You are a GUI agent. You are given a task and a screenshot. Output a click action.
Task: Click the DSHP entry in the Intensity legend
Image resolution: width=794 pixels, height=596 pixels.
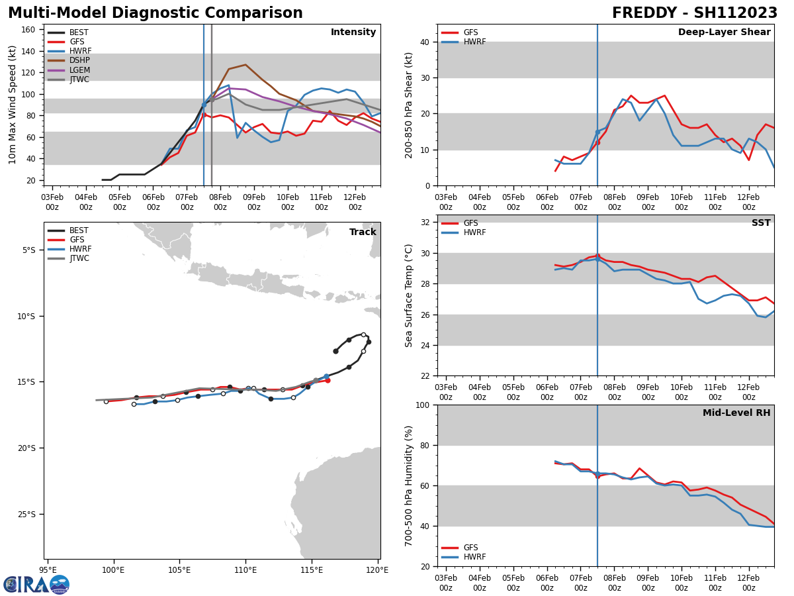pyautogui.click(x=79, y=61)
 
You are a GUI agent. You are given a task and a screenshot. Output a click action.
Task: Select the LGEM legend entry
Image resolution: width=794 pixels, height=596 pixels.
pyautogui.click(x=79, y=70)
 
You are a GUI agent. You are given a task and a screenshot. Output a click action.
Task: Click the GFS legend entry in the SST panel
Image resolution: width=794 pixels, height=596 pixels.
pyautogui.click(x=470, y=223)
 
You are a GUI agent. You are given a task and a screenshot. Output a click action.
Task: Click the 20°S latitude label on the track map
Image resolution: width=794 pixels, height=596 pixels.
pyautogui.click(x=27, y=448)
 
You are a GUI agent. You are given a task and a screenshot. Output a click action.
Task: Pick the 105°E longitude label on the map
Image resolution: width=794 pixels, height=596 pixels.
pyautogui.click(x=179, y=569)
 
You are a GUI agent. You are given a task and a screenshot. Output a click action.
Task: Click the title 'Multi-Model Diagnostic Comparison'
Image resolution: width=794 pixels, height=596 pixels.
pyautogui.click(x=155, y=13)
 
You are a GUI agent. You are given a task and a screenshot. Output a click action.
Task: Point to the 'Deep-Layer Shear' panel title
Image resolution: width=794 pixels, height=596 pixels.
pyautogui.click(x=724, y=32)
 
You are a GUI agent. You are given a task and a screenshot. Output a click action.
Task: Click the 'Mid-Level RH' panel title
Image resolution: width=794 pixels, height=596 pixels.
pyautogui.click(x=736, y=413)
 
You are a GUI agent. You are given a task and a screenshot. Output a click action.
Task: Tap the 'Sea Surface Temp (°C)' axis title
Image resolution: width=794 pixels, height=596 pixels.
pyautogui.click(x=410, y=295)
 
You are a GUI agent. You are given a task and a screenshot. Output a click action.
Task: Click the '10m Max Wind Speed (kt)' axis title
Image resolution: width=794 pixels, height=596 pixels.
pyautogui.click(x=13, y=105)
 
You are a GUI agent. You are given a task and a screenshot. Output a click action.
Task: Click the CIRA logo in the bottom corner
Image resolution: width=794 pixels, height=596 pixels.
pyautogui.click(x=36, y=584)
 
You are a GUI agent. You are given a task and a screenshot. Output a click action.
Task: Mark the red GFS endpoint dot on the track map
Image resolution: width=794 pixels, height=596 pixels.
pyautogui.click(x=328, y=380)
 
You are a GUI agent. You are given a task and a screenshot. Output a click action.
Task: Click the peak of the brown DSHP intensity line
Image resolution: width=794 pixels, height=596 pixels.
pyautogui.click(x=245, y=65)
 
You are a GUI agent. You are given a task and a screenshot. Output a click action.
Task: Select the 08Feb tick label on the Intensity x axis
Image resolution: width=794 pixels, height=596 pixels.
pyautogui.click(x=220, y=202)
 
